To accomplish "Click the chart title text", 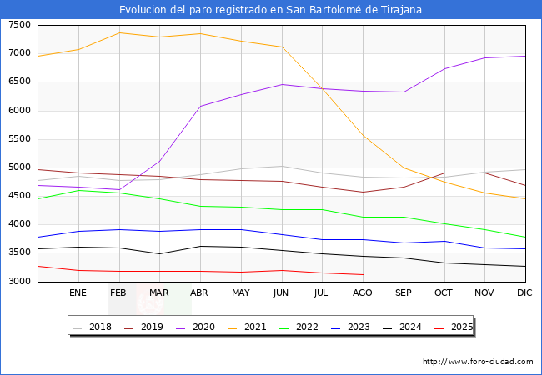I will (x=270, y=10).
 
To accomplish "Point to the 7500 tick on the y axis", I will (x=19, y=25).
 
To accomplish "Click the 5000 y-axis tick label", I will (x=19, y=167).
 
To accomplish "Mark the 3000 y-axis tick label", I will (x=19, y=282).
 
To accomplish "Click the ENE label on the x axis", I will (x=78, y=292).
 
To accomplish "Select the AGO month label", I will (x=363, y=292).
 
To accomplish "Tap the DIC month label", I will (x=524, y=292).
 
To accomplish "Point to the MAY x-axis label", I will (x=240, y=292).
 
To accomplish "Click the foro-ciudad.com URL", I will (x=478, y=362).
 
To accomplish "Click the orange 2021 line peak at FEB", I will (x=119, y=32).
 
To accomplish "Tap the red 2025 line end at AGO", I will (x=363, y=274).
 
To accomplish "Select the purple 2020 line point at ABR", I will (x=200, y=106).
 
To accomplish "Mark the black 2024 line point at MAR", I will (x=159, y=253).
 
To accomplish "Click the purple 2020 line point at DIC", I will (x=524, y=57).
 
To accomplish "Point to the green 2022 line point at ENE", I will (x=78, y=190).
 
